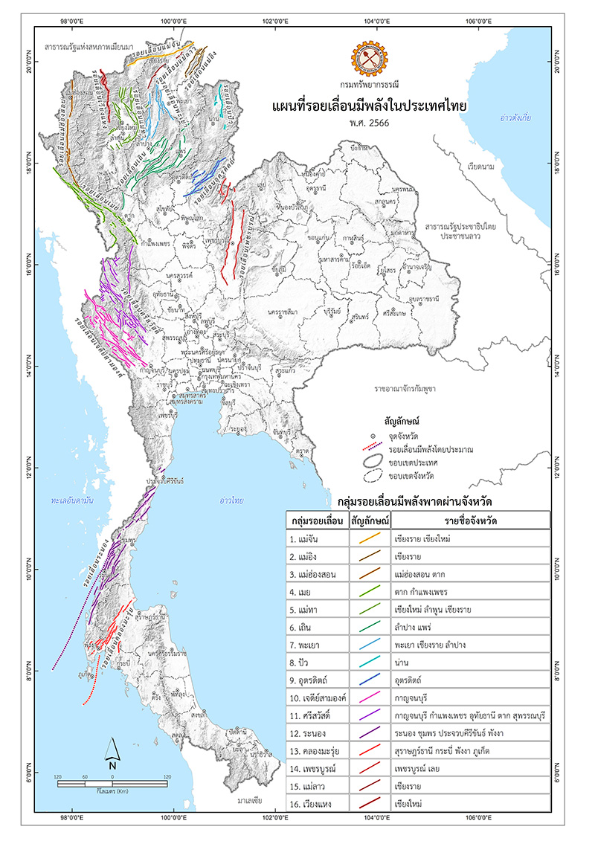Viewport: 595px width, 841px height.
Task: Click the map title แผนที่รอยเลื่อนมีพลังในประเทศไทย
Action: click(370, 106)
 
